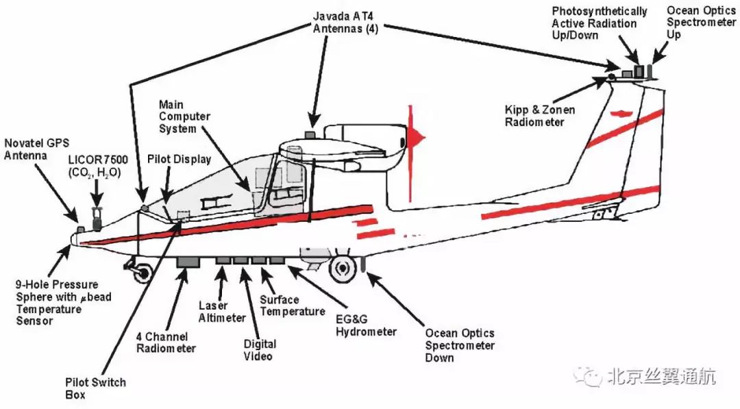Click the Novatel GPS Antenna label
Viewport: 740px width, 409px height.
coord(37,149)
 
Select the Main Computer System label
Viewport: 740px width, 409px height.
coord(184,116)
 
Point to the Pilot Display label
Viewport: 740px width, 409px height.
coord(179,159)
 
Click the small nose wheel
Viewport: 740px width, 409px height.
coord(141,272)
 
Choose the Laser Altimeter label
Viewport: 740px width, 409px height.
coord(222,312)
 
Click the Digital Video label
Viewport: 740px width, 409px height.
coord(260,349)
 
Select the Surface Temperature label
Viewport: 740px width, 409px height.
coord(292,306)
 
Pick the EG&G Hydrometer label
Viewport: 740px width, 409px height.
coord(366,325)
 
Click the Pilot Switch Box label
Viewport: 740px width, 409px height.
coord(95,388)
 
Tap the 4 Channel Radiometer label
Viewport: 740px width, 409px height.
coord(166,343)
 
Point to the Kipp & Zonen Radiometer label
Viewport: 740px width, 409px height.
coord(540,116)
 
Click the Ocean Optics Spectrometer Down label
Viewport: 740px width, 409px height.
coord(460,345)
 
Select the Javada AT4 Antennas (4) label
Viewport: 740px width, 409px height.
coord(345,22)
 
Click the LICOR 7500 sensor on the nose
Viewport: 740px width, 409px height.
coord(97,219)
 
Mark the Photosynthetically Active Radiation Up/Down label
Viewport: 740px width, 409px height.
coord(600,23)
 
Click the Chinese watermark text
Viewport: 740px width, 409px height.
coord(661,376)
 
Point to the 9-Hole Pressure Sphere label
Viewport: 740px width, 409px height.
coord(64,303)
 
